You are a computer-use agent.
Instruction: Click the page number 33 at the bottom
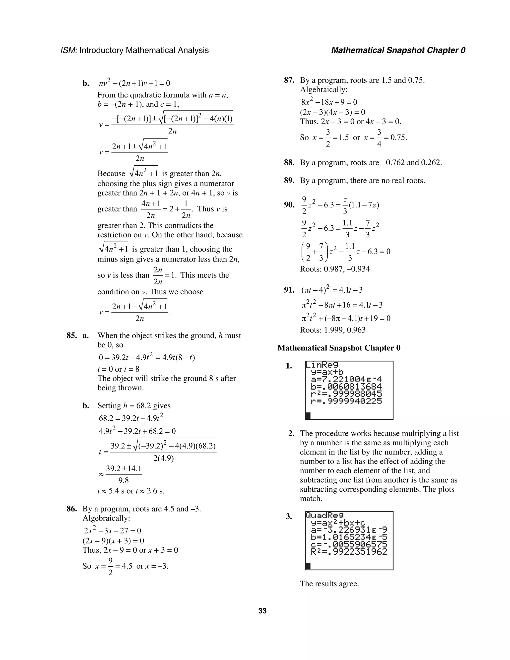pyautogui.click(x=262, y=611)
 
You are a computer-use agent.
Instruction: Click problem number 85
pyautogui.click(x=72, y=335)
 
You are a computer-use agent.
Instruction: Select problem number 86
pyautogui.click(x=72, y=509)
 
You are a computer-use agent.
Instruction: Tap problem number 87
pyautogui.click(x=289, y=80)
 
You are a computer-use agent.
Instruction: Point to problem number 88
pyautogui.click(x=289, y=163)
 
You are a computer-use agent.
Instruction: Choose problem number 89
pyautogui.click(x=289, y=181)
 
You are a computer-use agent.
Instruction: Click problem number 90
pyautogui.click(x=289, y=205)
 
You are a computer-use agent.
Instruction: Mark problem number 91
pyautogui.click(x=289, y=290)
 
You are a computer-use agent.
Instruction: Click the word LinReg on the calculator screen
pyautogui.click(x=322, y=365)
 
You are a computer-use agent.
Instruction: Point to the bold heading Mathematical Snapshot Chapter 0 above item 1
pyautogui.click(x=339, y=348)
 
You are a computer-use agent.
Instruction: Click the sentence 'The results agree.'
pyautogui.click(x=329, y=584)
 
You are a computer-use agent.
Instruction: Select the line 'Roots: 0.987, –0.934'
pyautogui.click(x=335, y=269)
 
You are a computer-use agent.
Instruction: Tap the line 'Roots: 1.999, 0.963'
pyautogui.click(x=333, y=330)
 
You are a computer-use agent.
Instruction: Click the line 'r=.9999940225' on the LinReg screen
pyautogui.click(x=346, y=401)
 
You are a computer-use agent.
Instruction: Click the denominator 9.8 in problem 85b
pyautogui.click(x=124, y=480)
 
